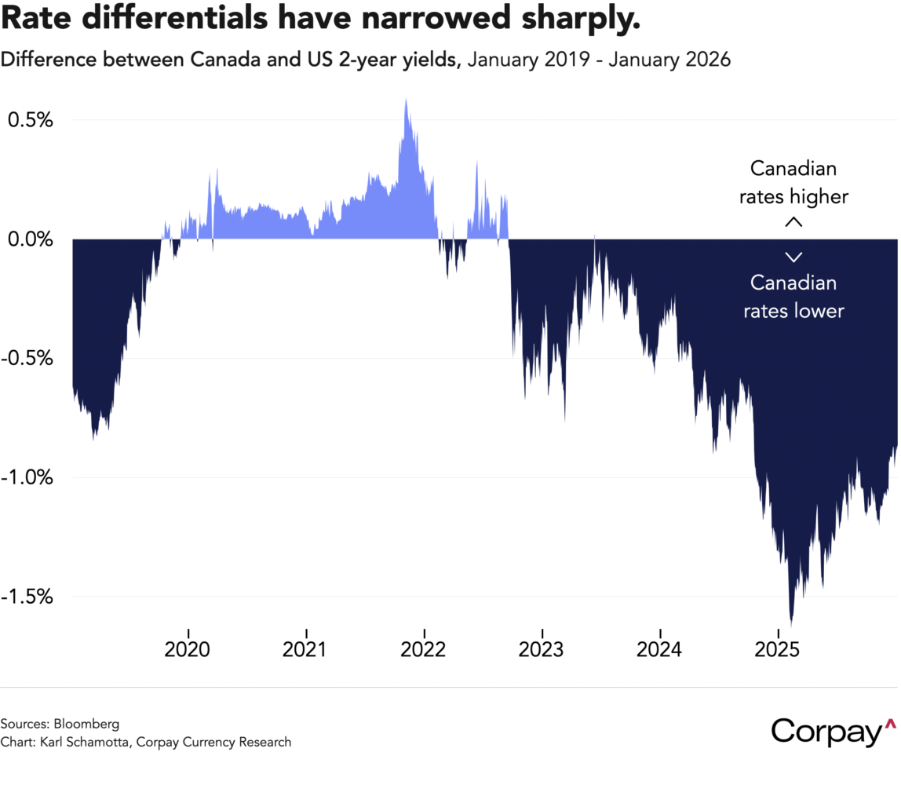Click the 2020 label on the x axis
pyautogui.click(x=188, y=650)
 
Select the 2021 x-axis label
pyautogui.click(x=306, y=650)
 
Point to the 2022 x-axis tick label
pyautogui.click(x=424, y=650)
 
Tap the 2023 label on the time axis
pyautogui.click(x=542, y=650)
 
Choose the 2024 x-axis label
pyautogui.click(x=660, y=650)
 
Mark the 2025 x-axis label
pyautogui.click(x=778, y=650)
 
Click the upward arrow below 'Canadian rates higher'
pyautogui.click(x=793, y=223)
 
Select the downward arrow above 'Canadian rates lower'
pyautogui.click(x=793, y=257)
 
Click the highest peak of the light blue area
pyautogui.click(x=406, y=100)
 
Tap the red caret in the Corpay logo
pyautogui.click(x=889, y=723)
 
